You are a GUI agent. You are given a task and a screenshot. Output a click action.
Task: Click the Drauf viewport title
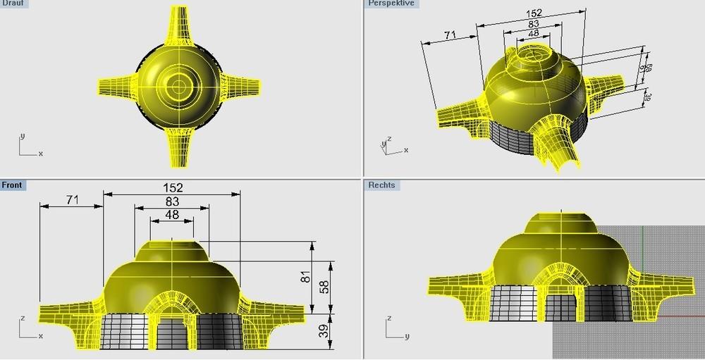(13, 4)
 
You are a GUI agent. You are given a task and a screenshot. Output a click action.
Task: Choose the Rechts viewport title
(381, 185)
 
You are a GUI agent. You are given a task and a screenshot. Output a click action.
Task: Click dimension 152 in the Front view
(173, 187)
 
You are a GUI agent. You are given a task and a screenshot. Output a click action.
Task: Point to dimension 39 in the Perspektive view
(647, 99)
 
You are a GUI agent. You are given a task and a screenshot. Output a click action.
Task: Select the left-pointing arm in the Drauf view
(116, 87)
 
